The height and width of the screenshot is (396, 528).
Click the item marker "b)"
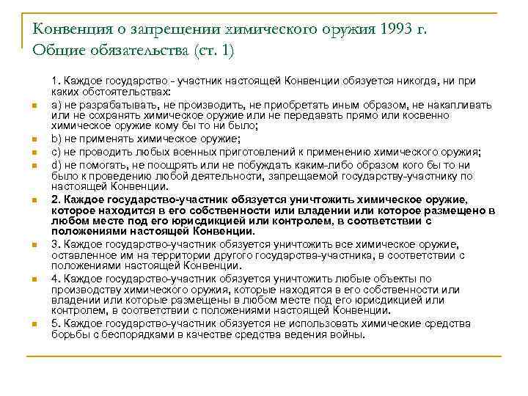point(56,137)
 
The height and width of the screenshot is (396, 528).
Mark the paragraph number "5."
point(56,323)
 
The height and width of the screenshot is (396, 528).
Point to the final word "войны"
point(349,334)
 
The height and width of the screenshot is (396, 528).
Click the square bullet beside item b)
point(34,138)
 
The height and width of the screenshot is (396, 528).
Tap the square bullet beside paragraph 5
point(34,324)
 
